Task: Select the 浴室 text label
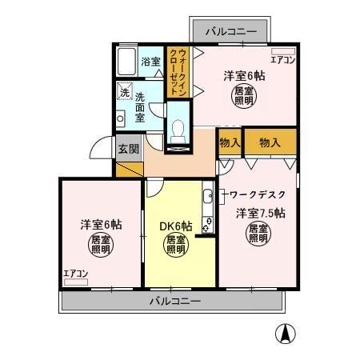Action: (x=151, y=62)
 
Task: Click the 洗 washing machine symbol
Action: (x=124, y=92)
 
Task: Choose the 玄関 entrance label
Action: (x=128, y=148)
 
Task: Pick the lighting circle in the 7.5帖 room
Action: (x=258, y=234)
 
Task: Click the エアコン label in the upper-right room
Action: (x=282, y=59)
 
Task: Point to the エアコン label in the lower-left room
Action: (x=76, y=274)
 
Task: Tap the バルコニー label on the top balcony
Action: (x=230, y=31)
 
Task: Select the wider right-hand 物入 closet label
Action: (x=270, y=142)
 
